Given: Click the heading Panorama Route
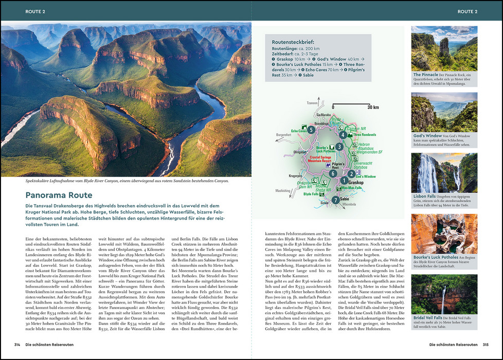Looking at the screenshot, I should (59, 195).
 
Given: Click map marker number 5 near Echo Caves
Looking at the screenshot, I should (311, 130).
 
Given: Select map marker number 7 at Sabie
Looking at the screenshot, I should (335, 200).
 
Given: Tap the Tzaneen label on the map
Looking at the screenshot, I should (312, 103).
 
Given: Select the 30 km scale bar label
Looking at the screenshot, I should (373, 107).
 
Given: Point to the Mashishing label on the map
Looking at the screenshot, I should (283, 190).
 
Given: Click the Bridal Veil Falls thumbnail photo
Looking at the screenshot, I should (444, 294).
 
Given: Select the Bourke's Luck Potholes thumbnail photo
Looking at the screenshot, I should (444, 234).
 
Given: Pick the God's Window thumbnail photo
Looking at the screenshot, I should (444, 112).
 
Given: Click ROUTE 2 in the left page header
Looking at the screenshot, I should (35, 11).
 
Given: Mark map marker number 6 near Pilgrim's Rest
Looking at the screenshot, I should (333, 174).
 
